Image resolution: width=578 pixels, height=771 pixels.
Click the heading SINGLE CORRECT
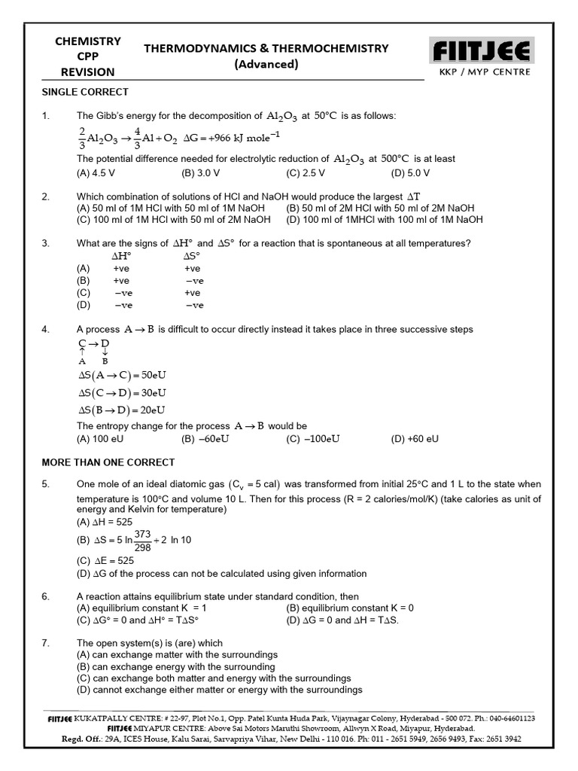tap(84, 92)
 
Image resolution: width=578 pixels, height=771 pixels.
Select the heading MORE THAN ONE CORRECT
tap(108, 462)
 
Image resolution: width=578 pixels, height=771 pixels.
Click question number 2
tap(46, 197)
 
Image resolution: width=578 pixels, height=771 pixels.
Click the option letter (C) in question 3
tap(84, 292)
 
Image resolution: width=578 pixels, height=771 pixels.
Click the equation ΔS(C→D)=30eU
tap(122, 392)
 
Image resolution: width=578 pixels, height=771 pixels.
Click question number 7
tap(46, 643)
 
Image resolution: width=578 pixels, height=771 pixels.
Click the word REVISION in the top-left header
tap(89, 72)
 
